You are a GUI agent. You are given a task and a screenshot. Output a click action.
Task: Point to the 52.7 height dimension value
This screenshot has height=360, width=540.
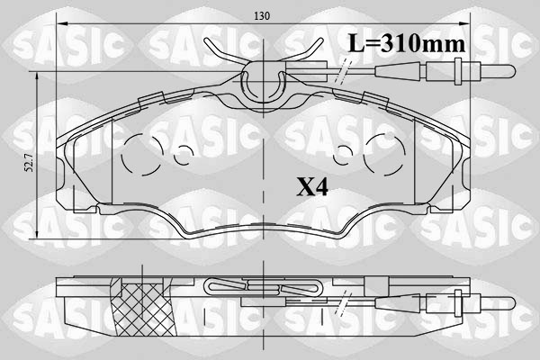(28, 161)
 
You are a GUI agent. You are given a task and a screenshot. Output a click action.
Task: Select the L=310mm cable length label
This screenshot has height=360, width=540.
(406, 41)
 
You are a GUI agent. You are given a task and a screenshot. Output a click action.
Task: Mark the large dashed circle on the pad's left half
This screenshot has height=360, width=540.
(139, 154)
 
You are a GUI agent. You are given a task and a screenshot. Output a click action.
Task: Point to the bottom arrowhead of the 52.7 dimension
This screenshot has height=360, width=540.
(36, 237)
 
